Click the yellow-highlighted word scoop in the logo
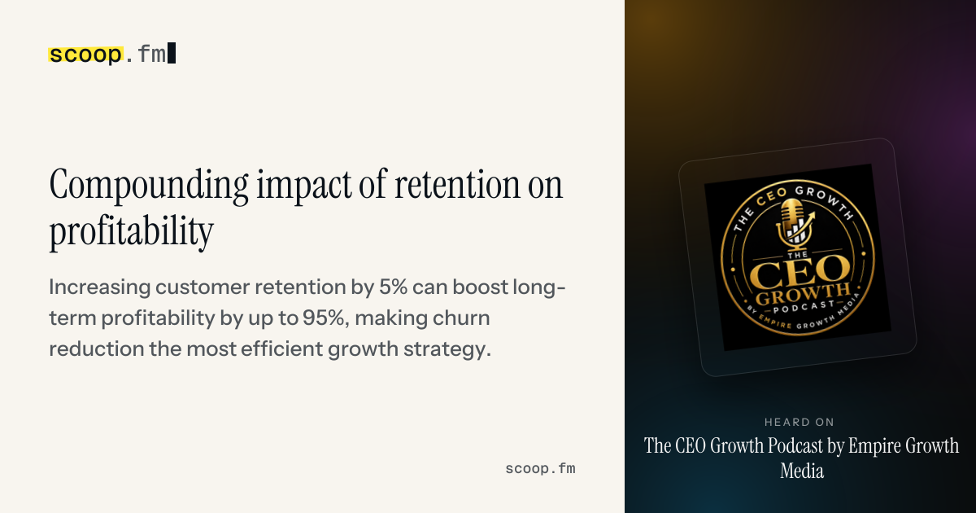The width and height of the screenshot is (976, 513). (85, 55)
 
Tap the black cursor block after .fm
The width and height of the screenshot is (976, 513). (172, 53)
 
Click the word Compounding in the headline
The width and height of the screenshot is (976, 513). (149, 186)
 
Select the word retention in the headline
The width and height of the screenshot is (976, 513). (457, 185)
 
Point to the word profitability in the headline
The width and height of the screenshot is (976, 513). (131, 231)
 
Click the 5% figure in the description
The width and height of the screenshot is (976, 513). (393, 287)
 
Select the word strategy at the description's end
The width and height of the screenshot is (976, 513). (447, 349)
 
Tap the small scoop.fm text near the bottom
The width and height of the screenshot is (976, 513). (540, 469)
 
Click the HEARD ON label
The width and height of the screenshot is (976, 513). (800, 423)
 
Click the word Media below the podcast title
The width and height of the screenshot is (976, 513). (802, 471)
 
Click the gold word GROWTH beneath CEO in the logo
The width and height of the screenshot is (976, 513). (803, 295)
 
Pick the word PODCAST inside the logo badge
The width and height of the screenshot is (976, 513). (804, 307)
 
